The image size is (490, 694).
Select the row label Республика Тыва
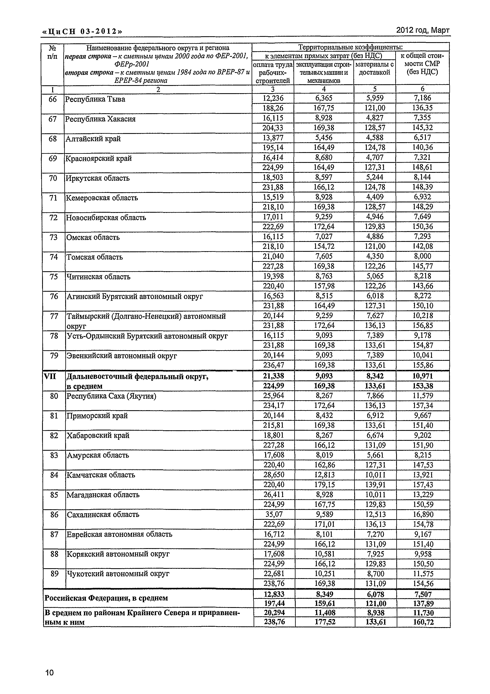tap(95, 99)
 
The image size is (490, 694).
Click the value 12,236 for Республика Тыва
tap(273, 98)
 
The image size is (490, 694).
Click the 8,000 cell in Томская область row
tap(422, 256)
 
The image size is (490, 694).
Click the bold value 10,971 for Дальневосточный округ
tap(423, 376)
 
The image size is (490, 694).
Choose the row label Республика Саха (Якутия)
tap(111, 396)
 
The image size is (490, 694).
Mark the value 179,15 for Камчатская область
tap(324, 485)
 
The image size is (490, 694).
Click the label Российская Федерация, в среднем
tap(106, 598)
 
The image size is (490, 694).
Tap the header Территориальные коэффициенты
tap(350, 47)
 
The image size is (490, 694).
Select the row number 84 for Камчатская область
tap(54, 475)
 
